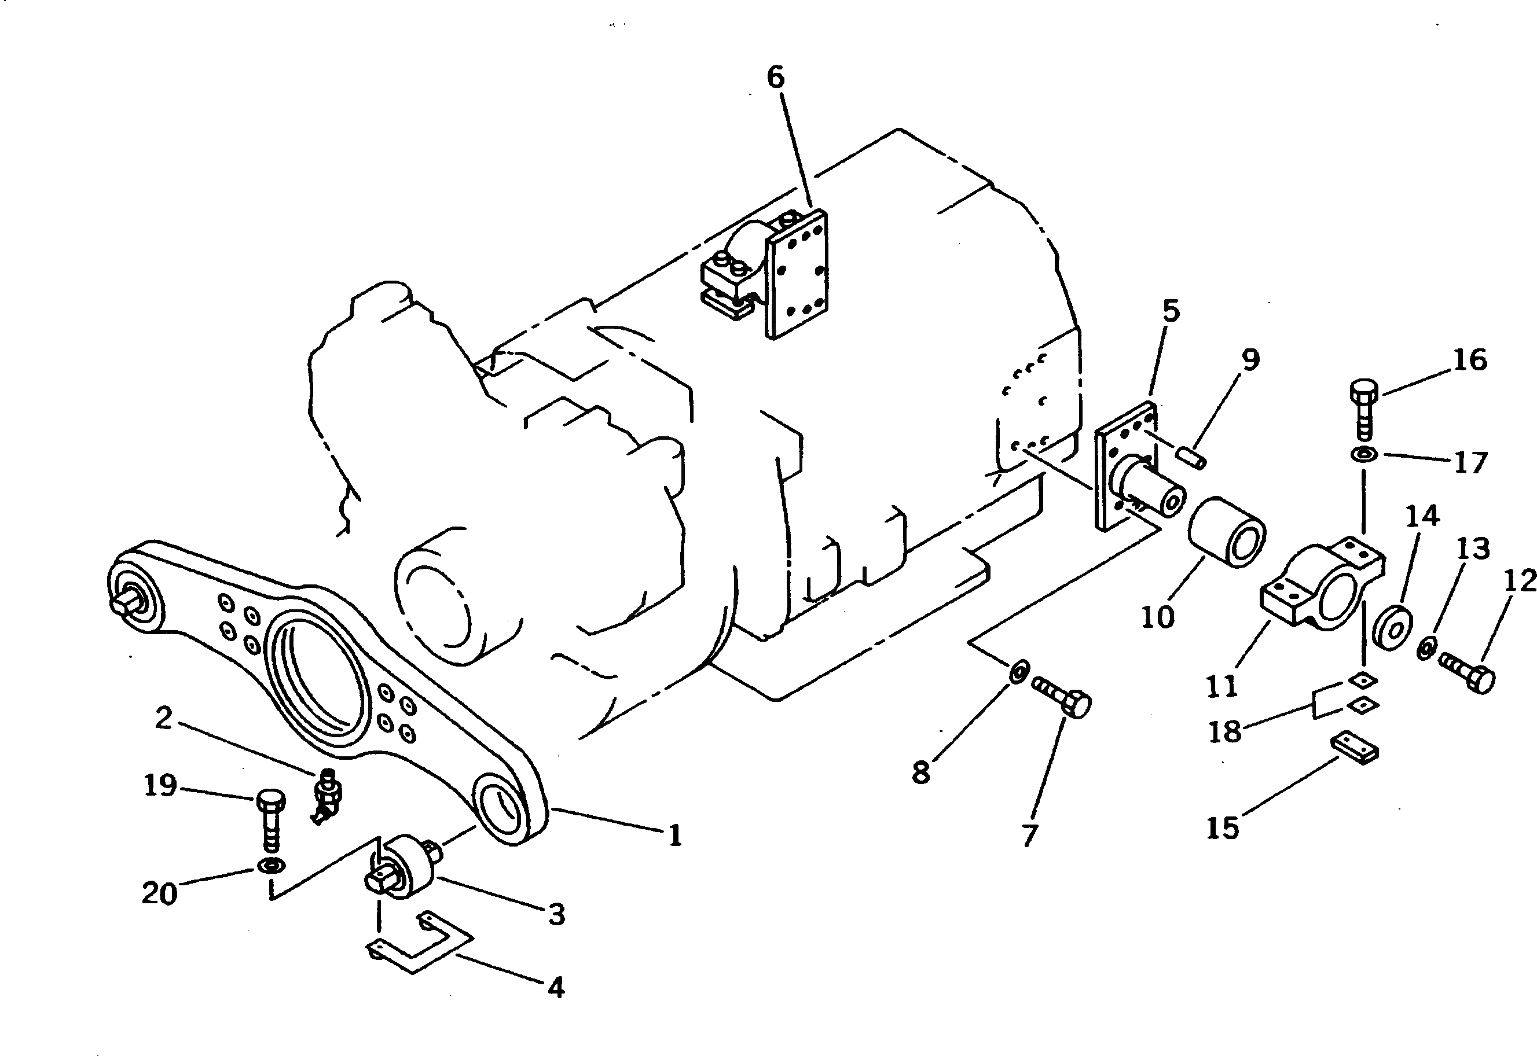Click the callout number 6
tap(775, 78)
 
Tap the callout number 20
tap(160, 894)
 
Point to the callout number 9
tap(1250, 360)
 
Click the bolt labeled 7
tap(1063, 698)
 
